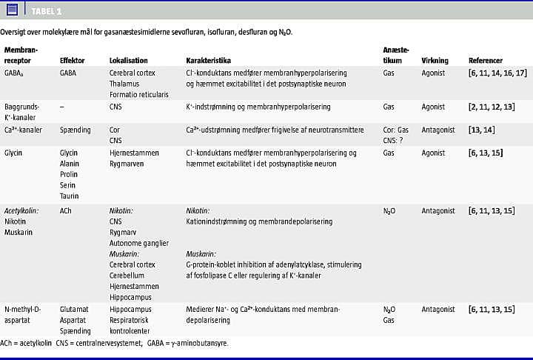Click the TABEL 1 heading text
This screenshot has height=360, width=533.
pyautogui.click(x=47, y=12)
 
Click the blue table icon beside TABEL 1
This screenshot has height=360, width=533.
pyautogui.click(x=12, y=10)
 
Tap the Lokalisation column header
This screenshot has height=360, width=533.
pyautogui.click(x=129, y=61)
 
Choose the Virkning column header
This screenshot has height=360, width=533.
pyautogui.click(x=435, y=61)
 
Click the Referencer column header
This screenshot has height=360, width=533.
pyautogui.click(x=486, y=61)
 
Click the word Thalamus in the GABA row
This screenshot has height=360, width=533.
pyautogui.click(x=124, y=84)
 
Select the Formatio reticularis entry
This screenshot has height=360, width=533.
pyautogui.click(x=139, y=94)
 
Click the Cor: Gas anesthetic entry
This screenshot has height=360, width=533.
pyautogui.click(x=395, y=130)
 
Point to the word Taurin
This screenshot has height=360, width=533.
pyautogui.click(x=70, y=196)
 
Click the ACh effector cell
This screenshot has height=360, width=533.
pyautogui.click(x=67, y=210)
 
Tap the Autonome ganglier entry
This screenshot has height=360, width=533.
pyautogui.click(x=139, y=242)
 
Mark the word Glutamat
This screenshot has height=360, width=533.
pyautogui.click(x=74, y=309)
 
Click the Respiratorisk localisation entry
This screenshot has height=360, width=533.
pyautogui.click(x=132, y=319)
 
